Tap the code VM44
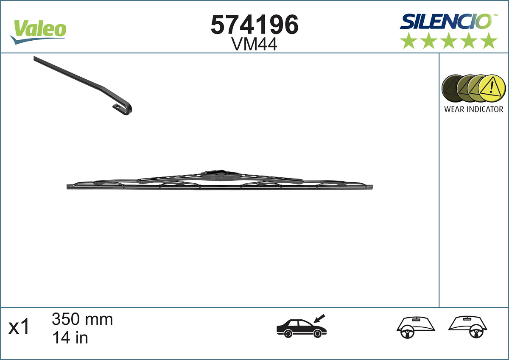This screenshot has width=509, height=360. [x=255, y=44]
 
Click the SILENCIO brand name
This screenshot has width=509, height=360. [x=445, y=21]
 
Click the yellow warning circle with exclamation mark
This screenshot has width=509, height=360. [x=492, y=88]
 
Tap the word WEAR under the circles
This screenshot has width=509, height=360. [x=454, y=109]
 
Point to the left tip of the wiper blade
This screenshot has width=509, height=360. [x=69, y=187]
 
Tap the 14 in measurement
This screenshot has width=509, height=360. [x=70, y=338]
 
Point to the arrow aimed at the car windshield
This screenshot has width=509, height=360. [x=319, y=318]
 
